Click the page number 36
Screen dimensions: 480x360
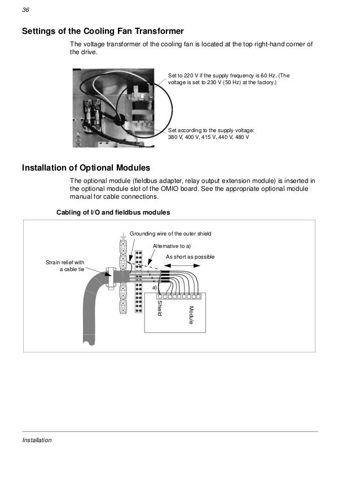25,10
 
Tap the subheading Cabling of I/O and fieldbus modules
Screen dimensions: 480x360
113,212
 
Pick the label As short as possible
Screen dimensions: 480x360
190,257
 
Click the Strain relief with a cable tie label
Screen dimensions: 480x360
64,265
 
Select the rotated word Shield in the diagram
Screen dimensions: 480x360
160,308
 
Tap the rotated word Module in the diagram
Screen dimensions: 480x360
191,315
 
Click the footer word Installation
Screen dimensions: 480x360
37,440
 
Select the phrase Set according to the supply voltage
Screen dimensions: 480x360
211,130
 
